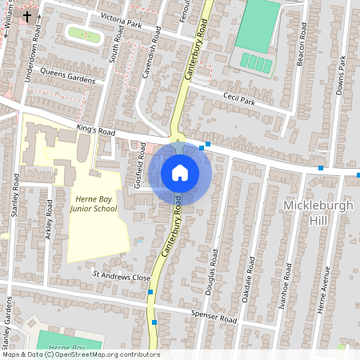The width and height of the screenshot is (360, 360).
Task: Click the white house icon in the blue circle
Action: click(180, 172)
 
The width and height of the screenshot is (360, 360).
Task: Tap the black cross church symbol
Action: click(27, 16)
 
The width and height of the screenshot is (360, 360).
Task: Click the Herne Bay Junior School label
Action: click(96, 203)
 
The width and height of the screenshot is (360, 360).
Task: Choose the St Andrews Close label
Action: click(121, 277)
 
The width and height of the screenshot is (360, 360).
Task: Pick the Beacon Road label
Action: click(303, 43)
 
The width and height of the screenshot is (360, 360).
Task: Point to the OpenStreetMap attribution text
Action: click(80, 354)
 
